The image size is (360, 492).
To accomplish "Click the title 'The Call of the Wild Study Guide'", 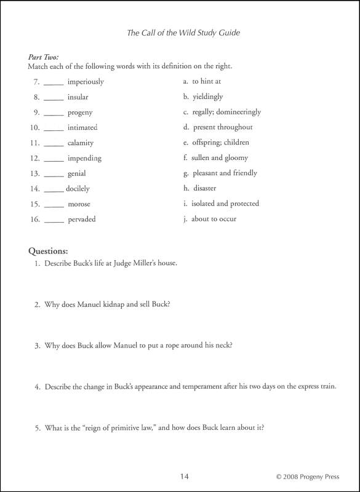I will [x=183, y=33].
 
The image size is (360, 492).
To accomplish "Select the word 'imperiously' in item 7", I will [x=86, y=82].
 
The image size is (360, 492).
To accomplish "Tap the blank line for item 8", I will [x=54, y=98].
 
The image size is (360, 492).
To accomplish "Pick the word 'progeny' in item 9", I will [x=80, y=113].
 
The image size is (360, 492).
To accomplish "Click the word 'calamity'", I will [x=81, y=143].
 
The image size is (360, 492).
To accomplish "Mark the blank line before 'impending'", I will [x=54, y=159].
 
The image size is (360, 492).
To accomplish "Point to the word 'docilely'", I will [x=78, y=189].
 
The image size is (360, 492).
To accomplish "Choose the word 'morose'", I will [x=79, y=204].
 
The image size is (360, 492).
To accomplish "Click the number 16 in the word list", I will [x=34, y=219].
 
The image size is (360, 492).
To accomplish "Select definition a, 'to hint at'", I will [x=206, y=81].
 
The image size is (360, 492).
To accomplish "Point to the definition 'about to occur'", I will [x=214, y=218].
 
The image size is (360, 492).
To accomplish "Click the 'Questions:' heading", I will [x=48, y=251].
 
